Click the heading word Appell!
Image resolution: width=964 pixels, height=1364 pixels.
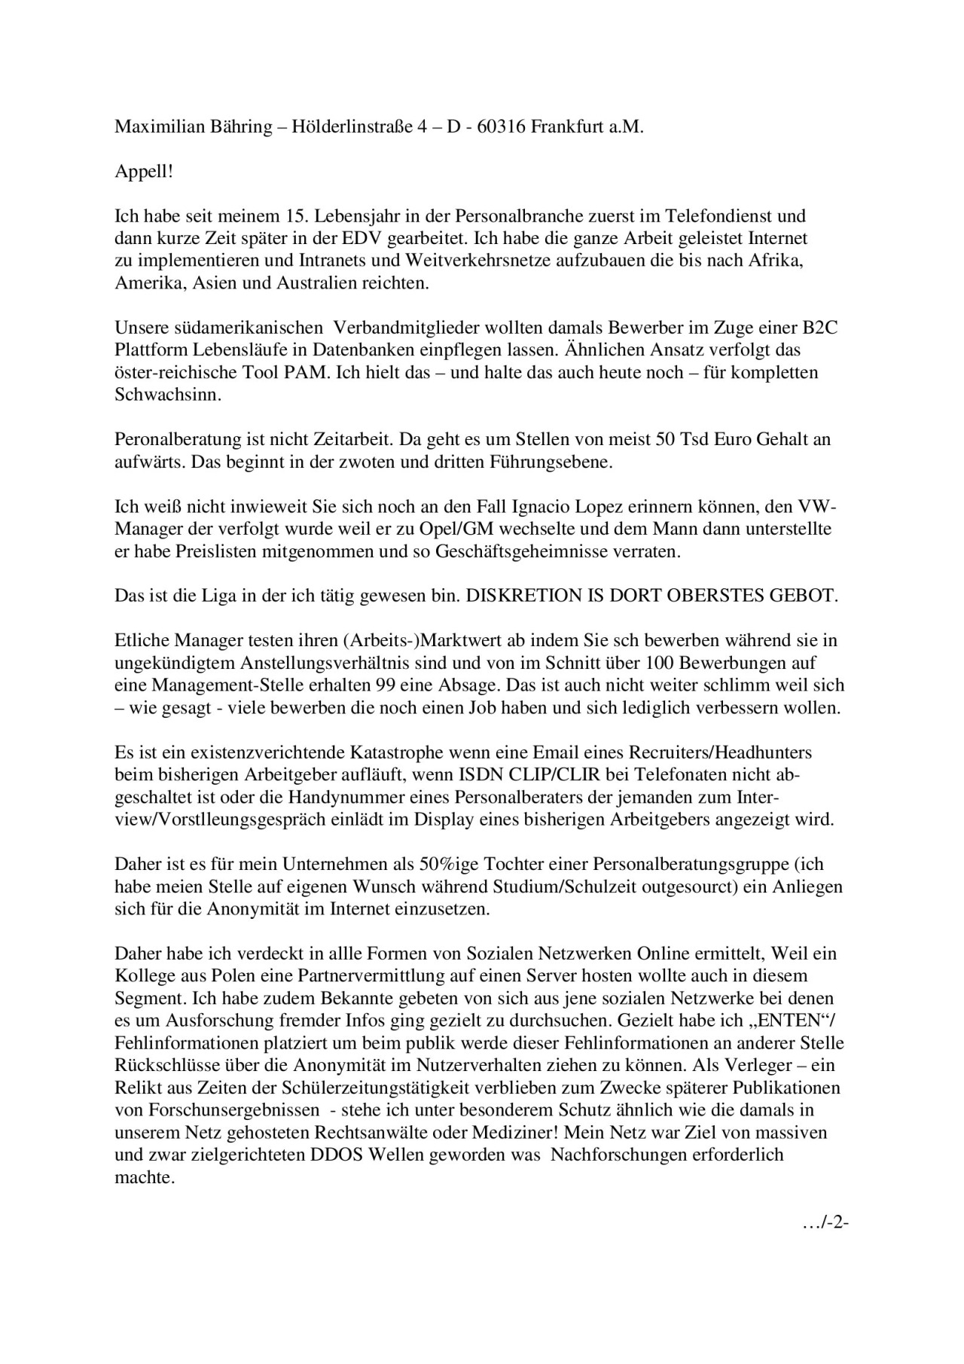(144, 172)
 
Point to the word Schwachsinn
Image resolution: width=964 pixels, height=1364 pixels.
(168, 395)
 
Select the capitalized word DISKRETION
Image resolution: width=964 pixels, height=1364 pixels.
(524, 596)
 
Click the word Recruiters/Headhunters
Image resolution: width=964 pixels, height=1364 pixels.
(707, 752)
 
